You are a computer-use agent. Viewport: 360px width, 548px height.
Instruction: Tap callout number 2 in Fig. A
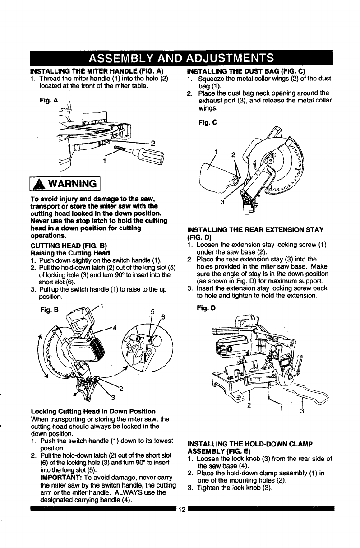[x=153, y=144]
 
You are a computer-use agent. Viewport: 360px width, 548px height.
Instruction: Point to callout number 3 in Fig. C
[x=222, y=202]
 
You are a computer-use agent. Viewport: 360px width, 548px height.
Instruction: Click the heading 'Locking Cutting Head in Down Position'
[x=92, y=411]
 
